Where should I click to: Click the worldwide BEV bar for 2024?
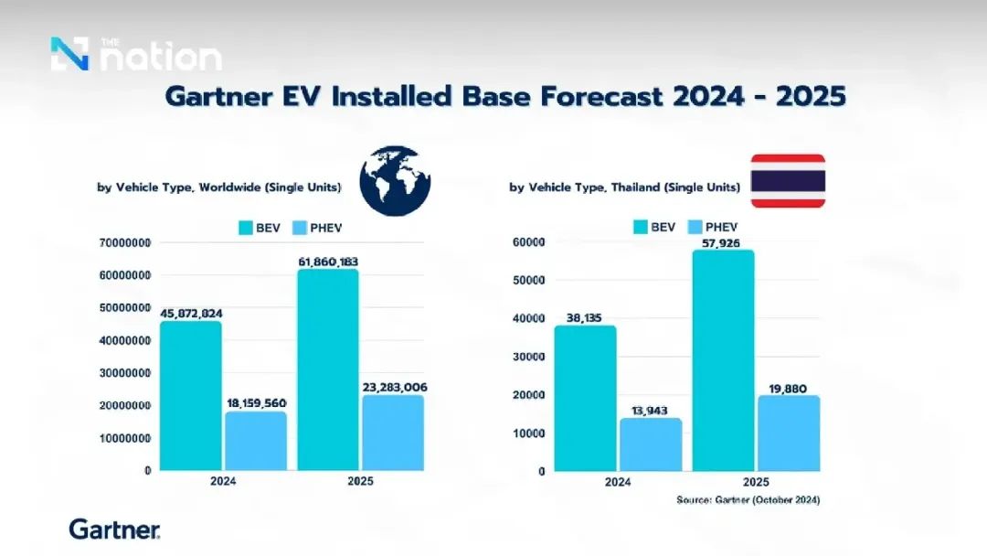(191, 396)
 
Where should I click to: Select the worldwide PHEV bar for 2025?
(393, 433)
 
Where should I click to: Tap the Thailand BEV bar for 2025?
(723, 360)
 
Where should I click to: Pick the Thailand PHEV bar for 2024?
(651, 444)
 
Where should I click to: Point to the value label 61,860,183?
(329, 262)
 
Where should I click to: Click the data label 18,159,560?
(256, 403)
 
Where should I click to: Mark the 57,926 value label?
(721, 243)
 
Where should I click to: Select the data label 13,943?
(650, 411)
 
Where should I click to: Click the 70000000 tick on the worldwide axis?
(124, 243)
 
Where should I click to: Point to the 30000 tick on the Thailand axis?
(529, 357)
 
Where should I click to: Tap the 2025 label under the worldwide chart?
(361, 481)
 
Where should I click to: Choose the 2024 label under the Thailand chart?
(618, 482)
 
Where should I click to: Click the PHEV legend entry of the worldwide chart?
(318, 228)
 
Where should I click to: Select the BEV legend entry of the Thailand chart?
(654, 228)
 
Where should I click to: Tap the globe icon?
(396, 181)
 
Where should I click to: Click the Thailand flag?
(788, 181)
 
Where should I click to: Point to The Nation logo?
(136, 54)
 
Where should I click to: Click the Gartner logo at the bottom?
(114, 529)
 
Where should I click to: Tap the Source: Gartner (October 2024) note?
(748, 500)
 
